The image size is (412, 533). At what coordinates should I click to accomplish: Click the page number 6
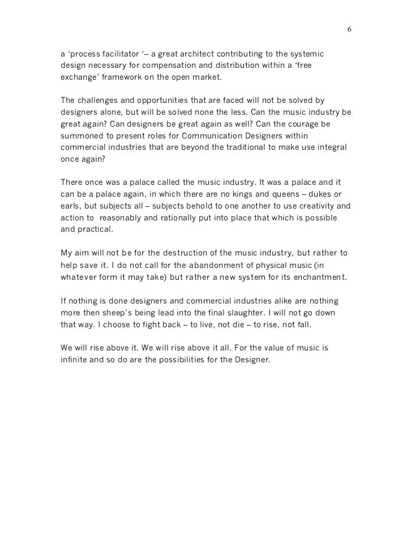point(349,29)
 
